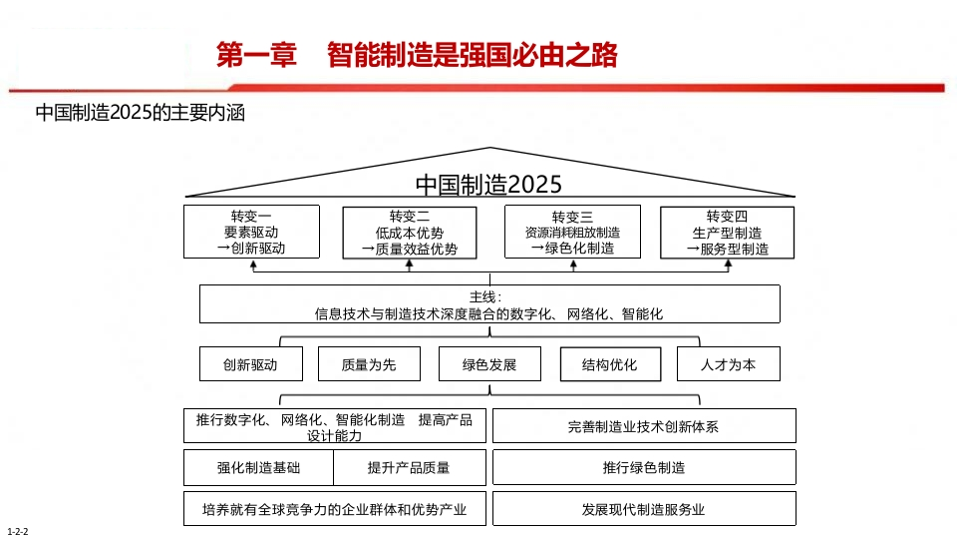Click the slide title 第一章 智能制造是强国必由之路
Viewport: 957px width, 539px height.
click(x=417, y=55)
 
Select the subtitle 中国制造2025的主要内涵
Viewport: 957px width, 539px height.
click(x=141, y=113)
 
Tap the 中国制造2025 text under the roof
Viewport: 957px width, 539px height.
click(x=488, y=185)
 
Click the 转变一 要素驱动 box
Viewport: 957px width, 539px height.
click(x=251, y=232)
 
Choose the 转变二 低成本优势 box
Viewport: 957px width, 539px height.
click(x=410, y=233)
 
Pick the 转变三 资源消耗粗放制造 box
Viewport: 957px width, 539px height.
click(x=572, y=232)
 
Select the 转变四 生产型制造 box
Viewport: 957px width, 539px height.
click(x=728, y=233)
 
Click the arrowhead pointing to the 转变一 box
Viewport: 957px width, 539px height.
click(x=253, y=265)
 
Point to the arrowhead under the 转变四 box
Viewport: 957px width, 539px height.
click(x=728, y=265)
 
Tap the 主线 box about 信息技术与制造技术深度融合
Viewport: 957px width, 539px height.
click(x=489, y=303)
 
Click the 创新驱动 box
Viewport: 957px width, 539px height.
click(x=251, y=364)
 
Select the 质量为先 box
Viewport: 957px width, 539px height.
click(x=369, y=364)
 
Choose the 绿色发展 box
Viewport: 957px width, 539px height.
click(x=489, y=364)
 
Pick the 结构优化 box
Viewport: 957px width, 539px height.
click(x=610, y=364)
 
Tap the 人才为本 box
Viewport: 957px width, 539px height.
click(x=729, y=364)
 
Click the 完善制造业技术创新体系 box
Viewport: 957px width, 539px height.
click(x=644, y=426)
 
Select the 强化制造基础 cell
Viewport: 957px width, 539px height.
click(x=259, y=467)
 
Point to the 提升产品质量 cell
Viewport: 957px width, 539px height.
click(x=410, y=467)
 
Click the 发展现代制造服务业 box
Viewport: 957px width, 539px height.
click(x=644, y=508)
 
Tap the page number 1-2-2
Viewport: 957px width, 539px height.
click(x=18, y=532)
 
